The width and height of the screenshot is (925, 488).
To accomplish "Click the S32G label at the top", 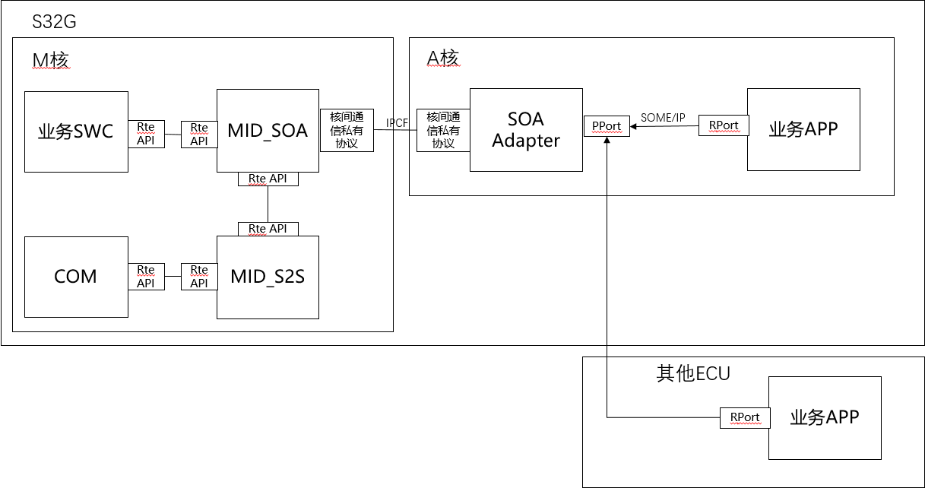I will coord(53,21).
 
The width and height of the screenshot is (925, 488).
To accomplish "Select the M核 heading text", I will coord(51,59).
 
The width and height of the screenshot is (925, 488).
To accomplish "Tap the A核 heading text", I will coord(443,58).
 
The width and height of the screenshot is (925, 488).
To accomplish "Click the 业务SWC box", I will coord(76,132).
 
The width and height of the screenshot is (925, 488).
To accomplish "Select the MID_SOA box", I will coord(268,131).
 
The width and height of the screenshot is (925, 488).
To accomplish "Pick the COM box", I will coord(76,276).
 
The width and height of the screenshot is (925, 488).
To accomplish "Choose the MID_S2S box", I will coord(268,277).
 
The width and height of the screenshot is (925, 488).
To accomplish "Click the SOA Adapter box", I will coord(526,130).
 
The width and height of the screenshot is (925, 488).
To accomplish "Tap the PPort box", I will coord(607,126).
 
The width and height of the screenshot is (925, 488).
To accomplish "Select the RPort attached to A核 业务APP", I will coord(724,125).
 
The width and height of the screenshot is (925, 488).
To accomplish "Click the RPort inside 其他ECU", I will coord(745,417).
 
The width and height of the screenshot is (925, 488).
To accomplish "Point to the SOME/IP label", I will coord(663,117).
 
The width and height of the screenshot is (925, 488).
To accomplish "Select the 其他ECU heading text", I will coord(692,373).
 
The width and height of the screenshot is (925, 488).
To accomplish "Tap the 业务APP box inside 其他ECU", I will coord(825,417).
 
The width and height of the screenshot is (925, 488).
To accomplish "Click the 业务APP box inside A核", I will coord(803,129).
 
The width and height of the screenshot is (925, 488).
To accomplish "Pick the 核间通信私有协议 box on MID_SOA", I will coord(347,130).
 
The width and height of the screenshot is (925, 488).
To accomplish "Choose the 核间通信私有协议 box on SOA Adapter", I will coord(443,130).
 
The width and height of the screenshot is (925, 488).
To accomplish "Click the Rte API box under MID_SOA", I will coord(268,179).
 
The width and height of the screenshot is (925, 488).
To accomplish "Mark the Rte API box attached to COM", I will coord(146,276).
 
